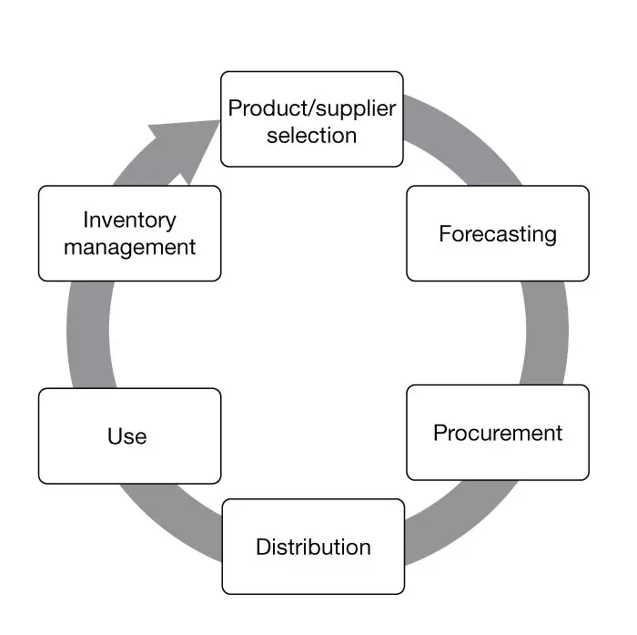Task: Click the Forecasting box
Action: (497, 233)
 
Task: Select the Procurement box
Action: (497, 432)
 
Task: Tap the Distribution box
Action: (312, 547)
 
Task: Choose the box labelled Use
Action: (129, 436)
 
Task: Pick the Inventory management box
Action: (129, 233)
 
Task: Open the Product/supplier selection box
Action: (312, 119)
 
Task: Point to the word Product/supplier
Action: (312, 108)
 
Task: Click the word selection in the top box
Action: (312, 135)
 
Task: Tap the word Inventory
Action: (129, 220)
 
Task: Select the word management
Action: (129, 247)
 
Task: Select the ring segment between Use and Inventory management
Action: (87, 334)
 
